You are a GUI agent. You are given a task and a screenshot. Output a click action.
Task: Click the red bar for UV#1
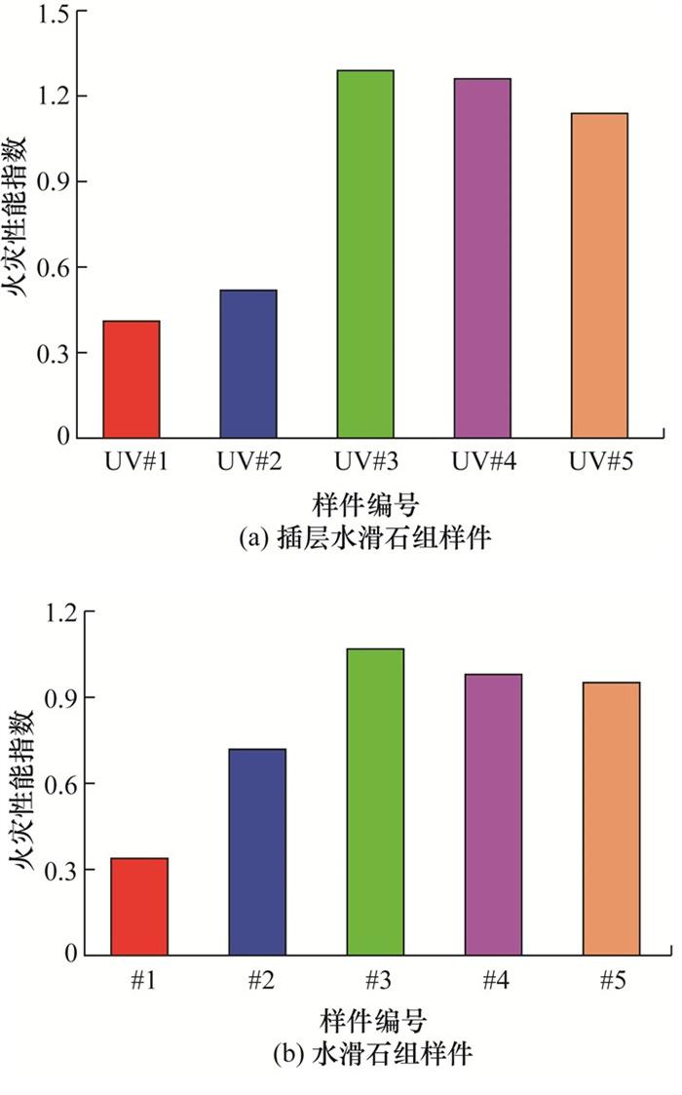click(132, 379)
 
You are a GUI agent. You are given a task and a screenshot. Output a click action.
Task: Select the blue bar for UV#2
click(248, 364)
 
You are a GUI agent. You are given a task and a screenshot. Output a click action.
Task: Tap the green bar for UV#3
click(365, 254)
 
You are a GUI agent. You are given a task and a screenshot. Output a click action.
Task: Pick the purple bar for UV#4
click(482, 257)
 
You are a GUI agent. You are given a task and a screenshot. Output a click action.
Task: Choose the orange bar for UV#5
click(599, 275)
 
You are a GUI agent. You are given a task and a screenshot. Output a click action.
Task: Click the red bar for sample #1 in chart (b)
click(139, 906)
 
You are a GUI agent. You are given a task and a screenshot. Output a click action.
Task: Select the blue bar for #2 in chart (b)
click(257, 851)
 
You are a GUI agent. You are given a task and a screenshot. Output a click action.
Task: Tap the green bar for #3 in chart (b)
click(375, 802)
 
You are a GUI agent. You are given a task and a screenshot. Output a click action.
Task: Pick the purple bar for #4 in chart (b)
click(493, 814)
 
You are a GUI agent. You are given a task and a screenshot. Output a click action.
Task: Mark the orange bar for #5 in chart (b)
click(612, 818)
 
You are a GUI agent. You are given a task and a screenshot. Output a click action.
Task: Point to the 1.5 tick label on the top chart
click(55, 12)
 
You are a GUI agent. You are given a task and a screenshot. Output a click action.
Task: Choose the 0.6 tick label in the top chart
click(55, 267)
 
